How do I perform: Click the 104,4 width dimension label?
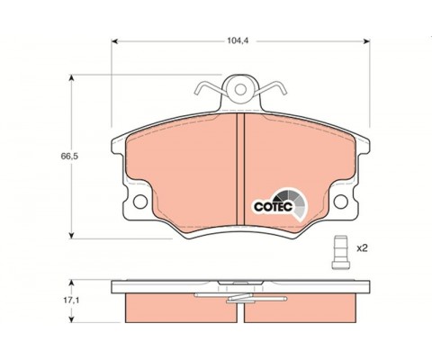click(x=238, y=41)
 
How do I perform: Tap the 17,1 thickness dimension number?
click(x=71, y=301)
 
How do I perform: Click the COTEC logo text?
click(x=273, y=206)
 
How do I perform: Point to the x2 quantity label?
click(x=362, y=248)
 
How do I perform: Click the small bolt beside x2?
click(x=341, y=252)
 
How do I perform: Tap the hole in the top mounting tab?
click(x=240, y=89)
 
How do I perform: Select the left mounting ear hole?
click(x=140, y=202)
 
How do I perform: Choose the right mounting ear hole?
click(x=341, y=202)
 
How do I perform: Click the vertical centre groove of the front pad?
click(x=240, y=169)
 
